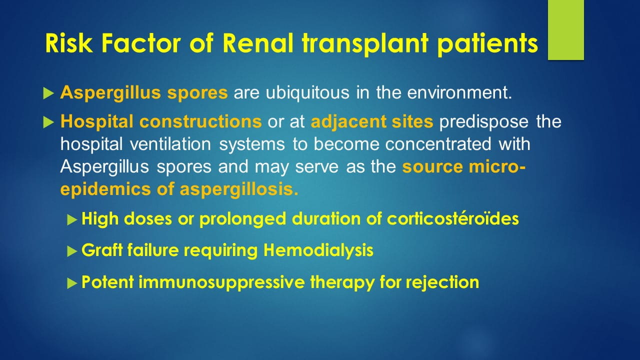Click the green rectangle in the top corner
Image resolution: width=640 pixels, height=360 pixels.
pyautogui.click(x=565, y=30)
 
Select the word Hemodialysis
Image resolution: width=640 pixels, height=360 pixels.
pyautogui.click(x=318, y=250)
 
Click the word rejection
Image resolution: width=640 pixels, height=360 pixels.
pyautogui.click(x=442, y=282)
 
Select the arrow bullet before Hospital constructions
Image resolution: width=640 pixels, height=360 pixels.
pyautogui.click(x=48, y=121)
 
